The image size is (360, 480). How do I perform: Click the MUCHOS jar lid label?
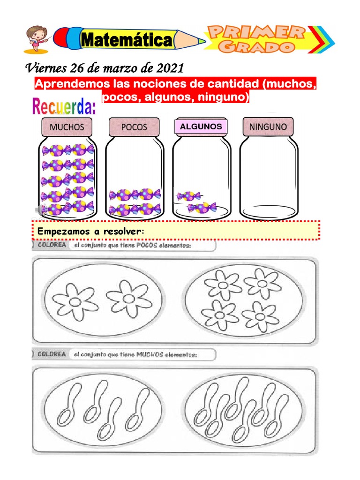tap(67, 127)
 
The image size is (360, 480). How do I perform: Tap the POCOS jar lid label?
tap(134, 127)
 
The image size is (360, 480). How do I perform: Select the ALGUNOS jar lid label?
tap(201, 127)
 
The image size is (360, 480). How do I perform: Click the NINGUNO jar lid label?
tap(268, 127)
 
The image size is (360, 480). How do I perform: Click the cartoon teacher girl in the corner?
tap(37, 39)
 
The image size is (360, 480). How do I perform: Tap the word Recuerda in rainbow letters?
tap(64, 106)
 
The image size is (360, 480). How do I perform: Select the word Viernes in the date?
tap(46, 68)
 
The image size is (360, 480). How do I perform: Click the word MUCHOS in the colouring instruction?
tap(150, 354)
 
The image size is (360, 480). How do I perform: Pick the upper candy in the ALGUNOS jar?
tap(188, 196)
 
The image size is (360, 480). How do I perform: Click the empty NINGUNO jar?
tap(269, 178)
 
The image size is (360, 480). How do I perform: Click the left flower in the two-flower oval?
tap(75, 302)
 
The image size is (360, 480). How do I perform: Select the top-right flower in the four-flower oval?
tap(262, 284)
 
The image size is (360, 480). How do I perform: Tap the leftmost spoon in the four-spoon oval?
tap(69, 405)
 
